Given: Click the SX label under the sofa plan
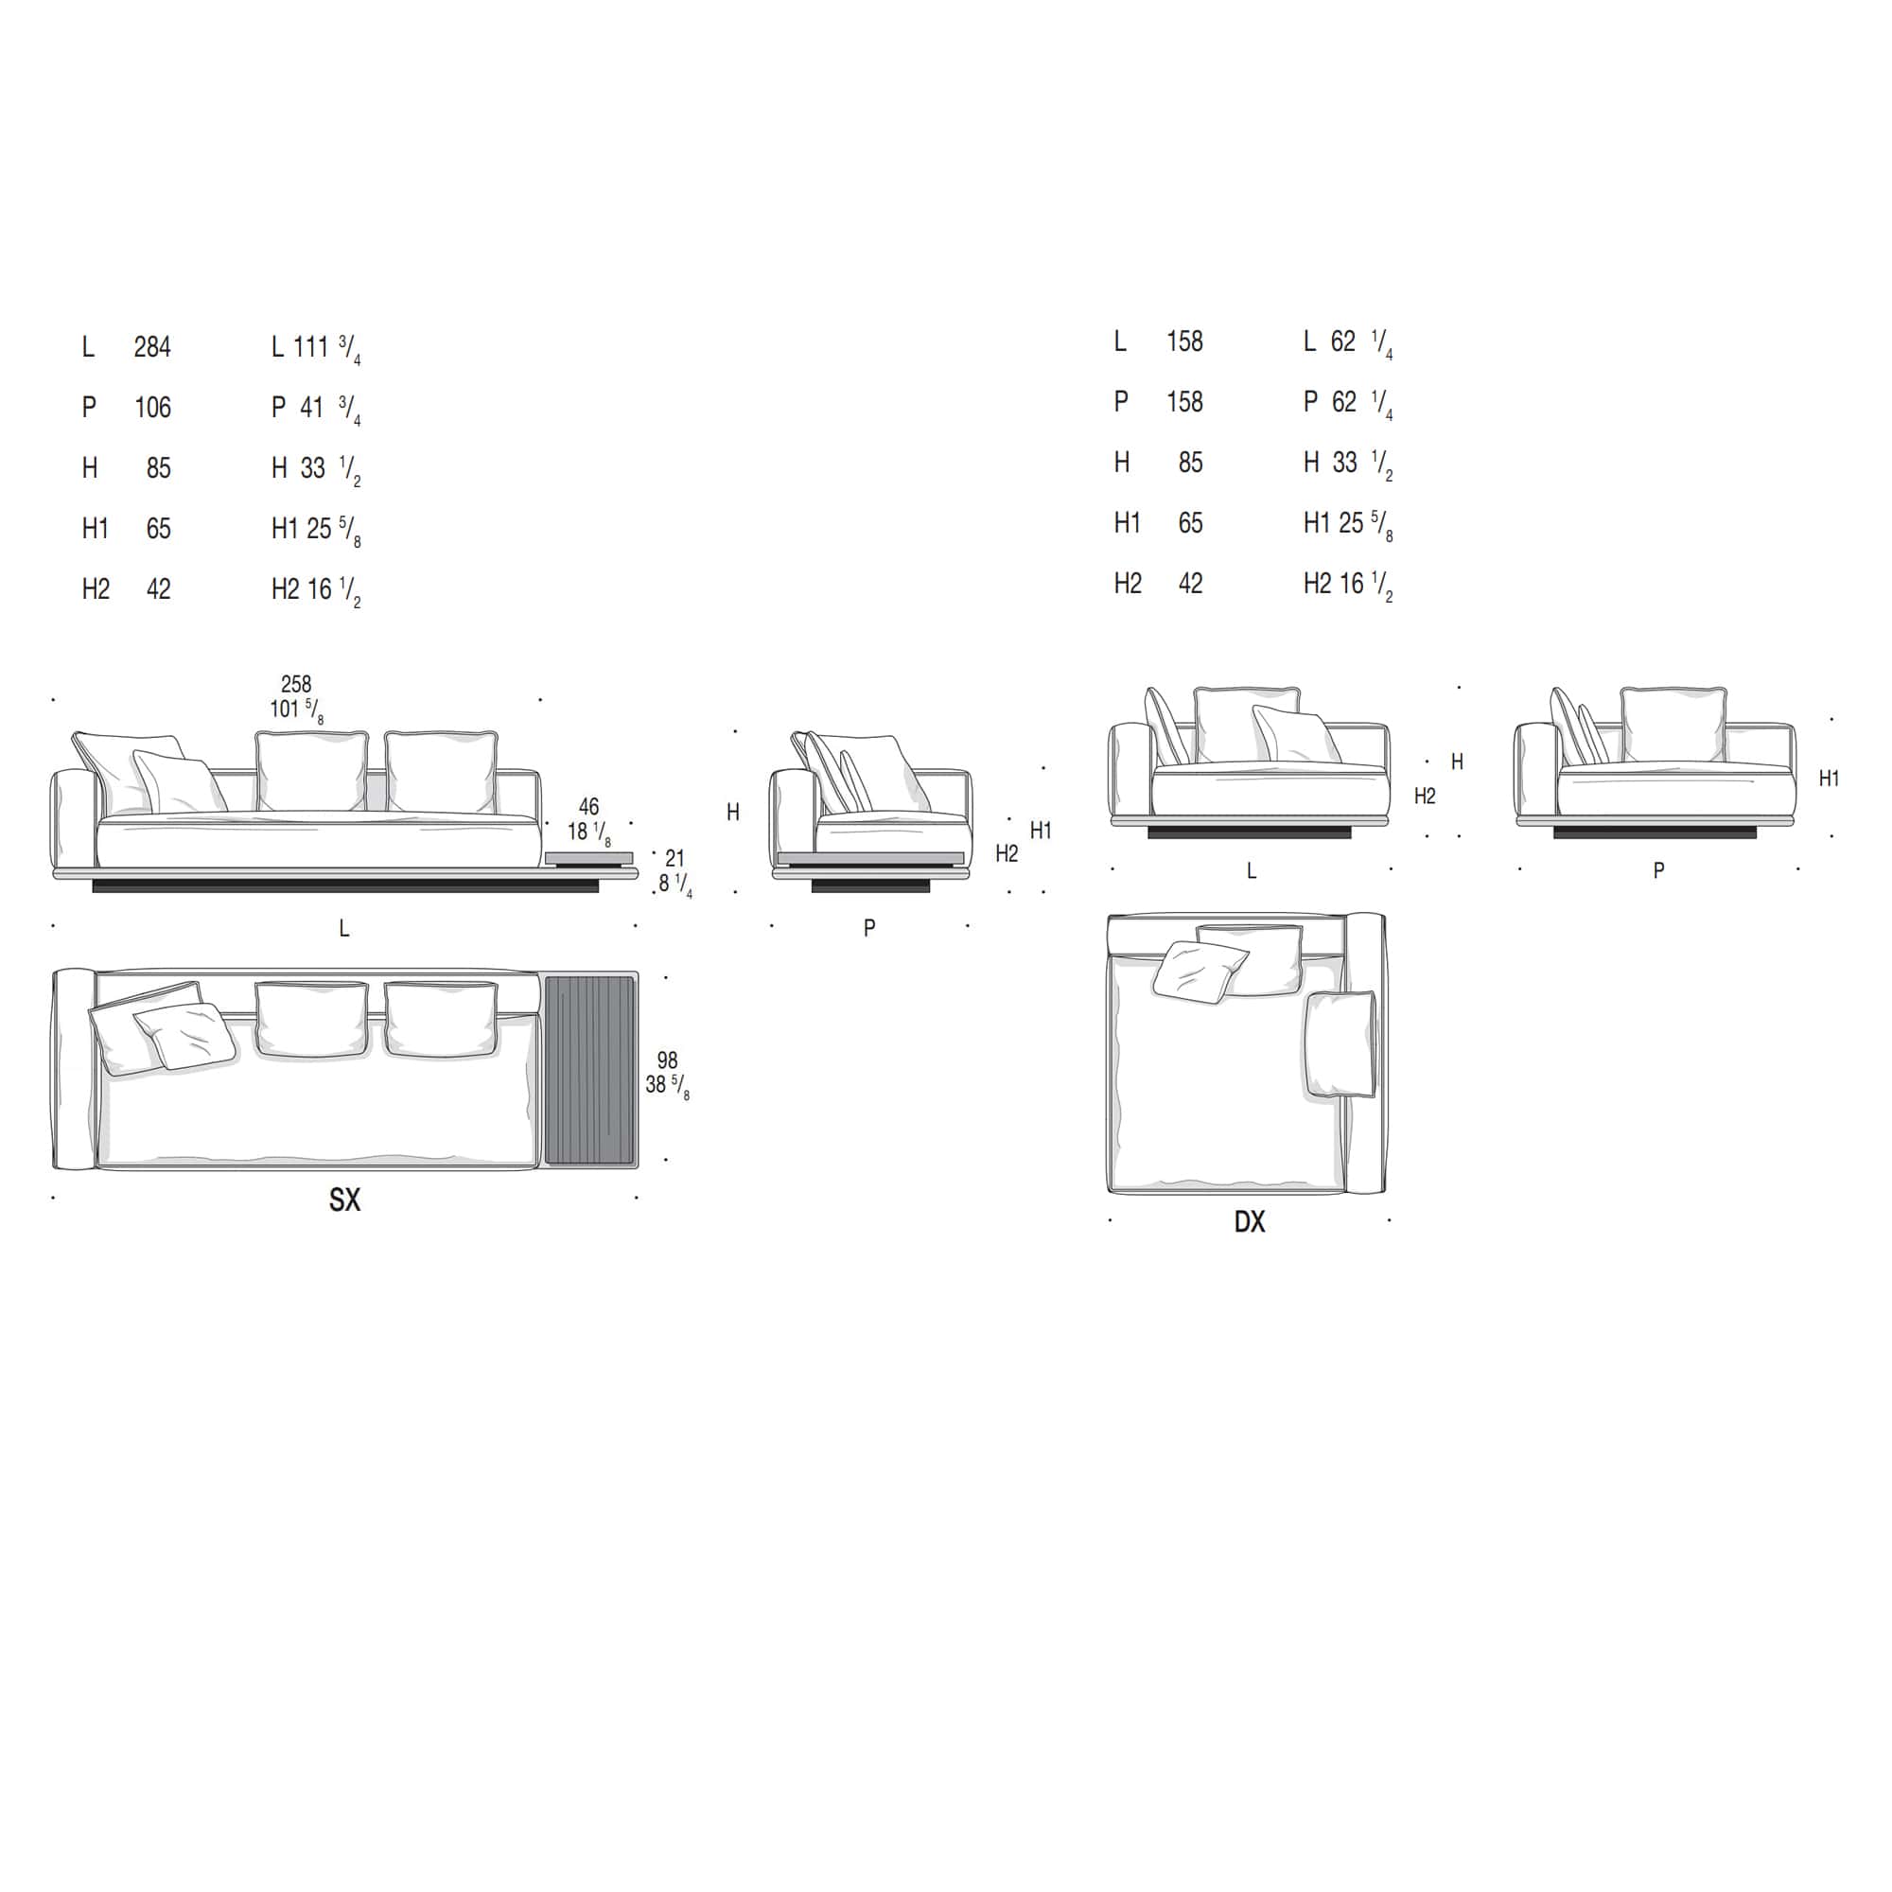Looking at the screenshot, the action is [344, 1200].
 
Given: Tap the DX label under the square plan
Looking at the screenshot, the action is [1250, 1222].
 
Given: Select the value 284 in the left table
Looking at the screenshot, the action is [152, 346].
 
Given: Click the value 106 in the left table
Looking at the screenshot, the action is [152, 408].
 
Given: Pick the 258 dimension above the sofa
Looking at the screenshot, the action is [296, 685].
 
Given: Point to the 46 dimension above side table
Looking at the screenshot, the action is [588, 807].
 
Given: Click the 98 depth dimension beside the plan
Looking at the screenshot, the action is [668, 1060].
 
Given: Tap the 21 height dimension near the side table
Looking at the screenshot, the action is [674, 859].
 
